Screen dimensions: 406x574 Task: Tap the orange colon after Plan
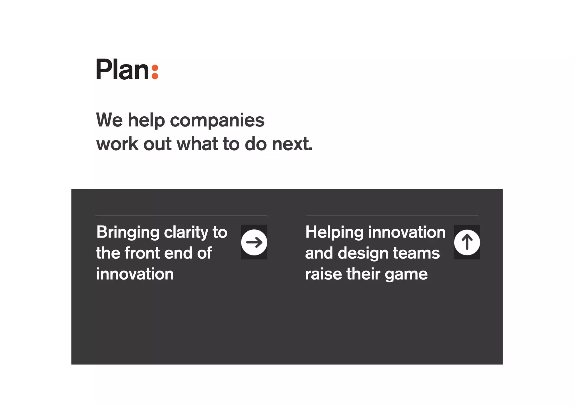coord(155,72)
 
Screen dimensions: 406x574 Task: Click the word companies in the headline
coord(217,121)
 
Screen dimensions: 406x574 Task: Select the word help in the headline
coord(146,121)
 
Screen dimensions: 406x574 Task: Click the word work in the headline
coord(117,144)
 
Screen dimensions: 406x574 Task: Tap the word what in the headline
coord(197,144)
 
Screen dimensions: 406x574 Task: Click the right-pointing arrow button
coord(254,242)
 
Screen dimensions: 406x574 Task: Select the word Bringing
coord(128,233)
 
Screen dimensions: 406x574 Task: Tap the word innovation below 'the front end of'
coord(135,274)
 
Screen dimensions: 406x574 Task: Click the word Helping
coord(334,233)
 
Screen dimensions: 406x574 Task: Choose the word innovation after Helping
coord(407,232)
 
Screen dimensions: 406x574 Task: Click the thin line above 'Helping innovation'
coord(392,216)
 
